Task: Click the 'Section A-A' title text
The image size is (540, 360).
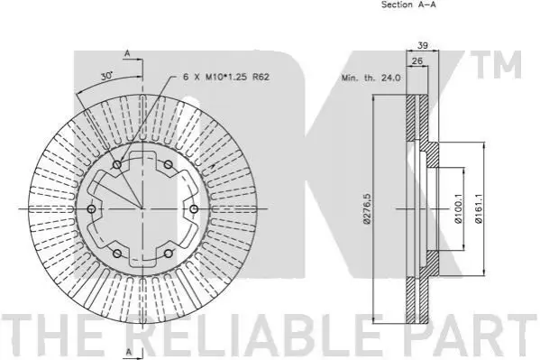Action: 408,5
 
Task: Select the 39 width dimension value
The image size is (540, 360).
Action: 423,45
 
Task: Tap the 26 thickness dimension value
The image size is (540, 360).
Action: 417,61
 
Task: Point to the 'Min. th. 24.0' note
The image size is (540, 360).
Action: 371,78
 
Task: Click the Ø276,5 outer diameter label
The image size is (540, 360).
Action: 367,208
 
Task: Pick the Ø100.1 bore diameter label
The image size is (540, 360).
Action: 458,208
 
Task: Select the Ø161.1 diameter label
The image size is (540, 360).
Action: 479,208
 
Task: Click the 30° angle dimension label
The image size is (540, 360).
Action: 106,76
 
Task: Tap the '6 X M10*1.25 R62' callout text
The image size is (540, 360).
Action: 226,77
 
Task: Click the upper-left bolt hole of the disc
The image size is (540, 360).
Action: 117,164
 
